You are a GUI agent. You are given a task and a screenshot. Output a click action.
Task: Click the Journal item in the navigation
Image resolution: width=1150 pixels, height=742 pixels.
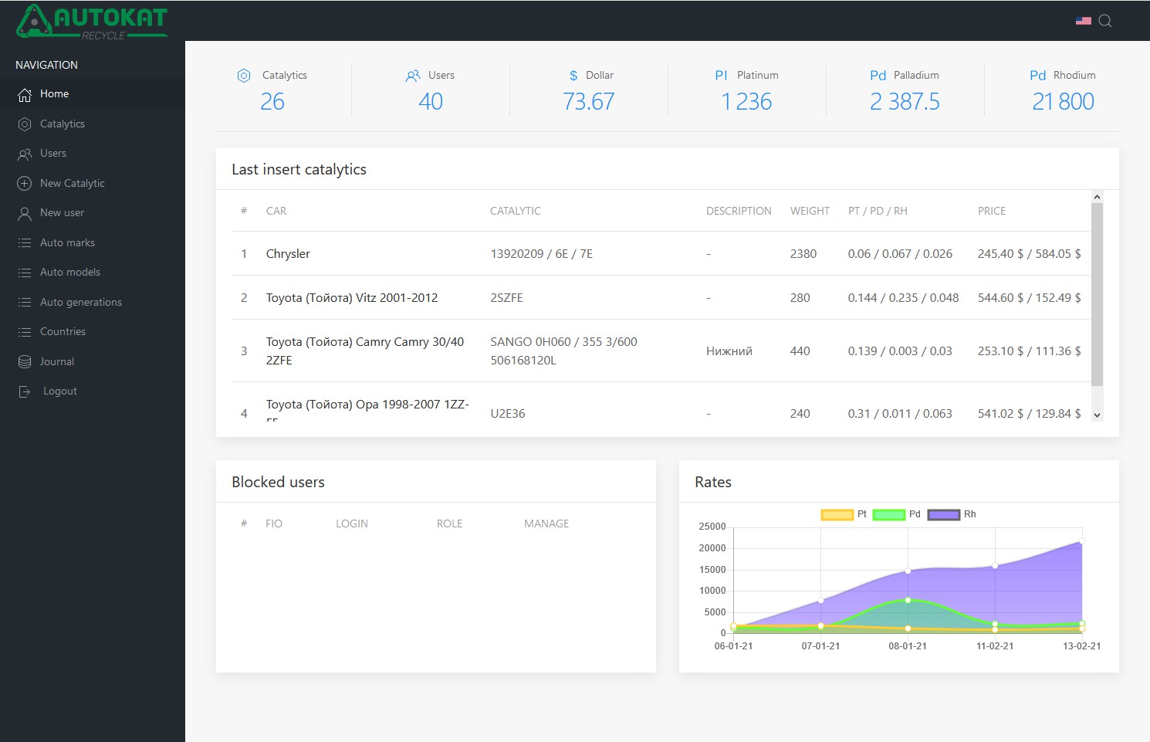pyautogui.click(x=56, y=361)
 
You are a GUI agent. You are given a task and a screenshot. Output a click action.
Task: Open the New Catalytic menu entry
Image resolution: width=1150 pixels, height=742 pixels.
pyautogui.click(x=72, y=183)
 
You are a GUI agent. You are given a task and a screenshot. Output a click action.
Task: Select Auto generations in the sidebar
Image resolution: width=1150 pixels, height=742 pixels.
pyautogui.click(x=80, y=302)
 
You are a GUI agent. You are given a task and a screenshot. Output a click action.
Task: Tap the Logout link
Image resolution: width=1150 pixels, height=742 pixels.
pyautogui.click(x=59, y=391)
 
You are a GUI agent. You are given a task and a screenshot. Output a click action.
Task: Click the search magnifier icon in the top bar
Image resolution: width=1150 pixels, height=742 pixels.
pyautogui.click(x=1104, y=21)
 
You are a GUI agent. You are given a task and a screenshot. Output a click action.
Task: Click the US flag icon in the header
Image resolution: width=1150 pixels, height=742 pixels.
pyautogui.click(x=1084, y=21)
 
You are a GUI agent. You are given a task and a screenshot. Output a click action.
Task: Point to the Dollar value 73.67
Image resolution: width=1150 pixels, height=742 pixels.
pyautogui.click(x=588, y=101)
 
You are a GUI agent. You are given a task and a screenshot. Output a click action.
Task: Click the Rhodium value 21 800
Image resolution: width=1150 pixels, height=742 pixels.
pyautogui.click(x=1063, y=101)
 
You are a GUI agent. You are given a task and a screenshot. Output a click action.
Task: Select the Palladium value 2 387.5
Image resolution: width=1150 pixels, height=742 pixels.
pyautogui.click(x=905, y=101)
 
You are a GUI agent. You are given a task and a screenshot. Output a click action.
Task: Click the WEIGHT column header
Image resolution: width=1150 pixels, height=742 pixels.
pyautogui.click(x=810, y=211)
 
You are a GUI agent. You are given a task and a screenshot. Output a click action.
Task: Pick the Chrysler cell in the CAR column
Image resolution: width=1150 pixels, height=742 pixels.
pyautogui.click(x=288, y=254)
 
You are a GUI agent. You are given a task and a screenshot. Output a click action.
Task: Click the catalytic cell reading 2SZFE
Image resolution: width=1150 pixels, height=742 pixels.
pyautogui.click(x=506, y=298)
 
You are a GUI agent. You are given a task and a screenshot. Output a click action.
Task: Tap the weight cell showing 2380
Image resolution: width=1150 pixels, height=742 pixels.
pyautogui.click(x=803, y=254)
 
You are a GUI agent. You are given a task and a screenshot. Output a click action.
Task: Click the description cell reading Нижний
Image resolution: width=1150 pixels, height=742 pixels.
pyautogui.click(x=729, y=351)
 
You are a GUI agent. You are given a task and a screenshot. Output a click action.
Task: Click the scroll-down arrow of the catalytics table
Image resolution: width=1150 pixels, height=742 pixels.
pyautogui.click(x=1097, y=415)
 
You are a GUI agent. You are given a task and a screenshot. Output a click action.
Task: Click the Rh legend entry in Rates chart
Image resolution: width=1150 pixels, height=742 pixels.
pyautogui.click(x=952, y=514)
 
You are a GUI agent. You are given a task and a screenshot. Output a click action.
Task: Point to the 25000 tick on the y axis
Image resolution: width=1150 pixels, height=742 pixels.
pyautogui.click(x=712, y=527)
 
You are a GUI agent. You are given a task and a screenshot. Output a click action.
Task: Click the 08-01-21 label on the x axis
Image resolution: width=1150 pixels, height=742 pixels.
pyautogui.click(x=908, y=646)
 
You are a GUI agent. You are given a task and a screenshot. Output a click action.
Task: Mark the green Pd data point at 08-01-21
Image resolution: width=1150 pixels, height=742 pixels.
pyautogui.click(x=908, y=600)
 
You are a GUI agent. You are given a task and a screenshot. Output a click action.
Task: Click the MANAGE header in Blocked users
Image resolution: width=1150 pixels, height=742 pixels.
pyautogui.click(x=546, y=523)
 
